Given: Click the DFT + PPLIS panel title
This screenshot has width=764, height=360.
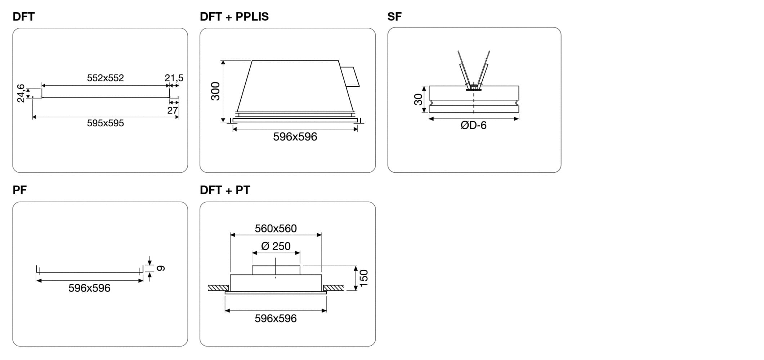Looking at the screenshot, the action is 234,17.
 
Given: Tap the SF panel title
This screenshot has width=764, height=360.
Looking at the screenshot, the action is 394,17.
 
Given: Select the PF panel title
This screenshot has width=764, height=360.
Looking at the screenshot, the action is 19,190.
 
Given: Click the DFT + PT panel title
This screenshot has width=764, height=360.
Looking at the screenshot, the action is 225,190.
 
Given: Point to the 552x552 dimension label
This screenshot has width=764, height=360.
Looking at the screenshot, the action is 105,78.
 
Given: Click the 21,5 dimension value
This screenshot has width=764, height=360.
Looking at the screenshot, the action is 174,78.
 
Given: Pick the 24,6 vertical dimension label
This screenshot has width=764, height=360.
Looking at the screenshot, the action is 21,93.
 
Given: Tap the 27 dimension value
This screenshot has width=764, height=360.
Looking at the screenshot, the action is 173,110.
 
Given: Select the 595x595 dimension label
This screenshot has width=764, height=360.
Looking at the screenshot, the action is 105,123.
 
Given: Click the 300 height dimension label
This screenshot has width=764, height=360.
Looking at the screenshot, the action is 215,91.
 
